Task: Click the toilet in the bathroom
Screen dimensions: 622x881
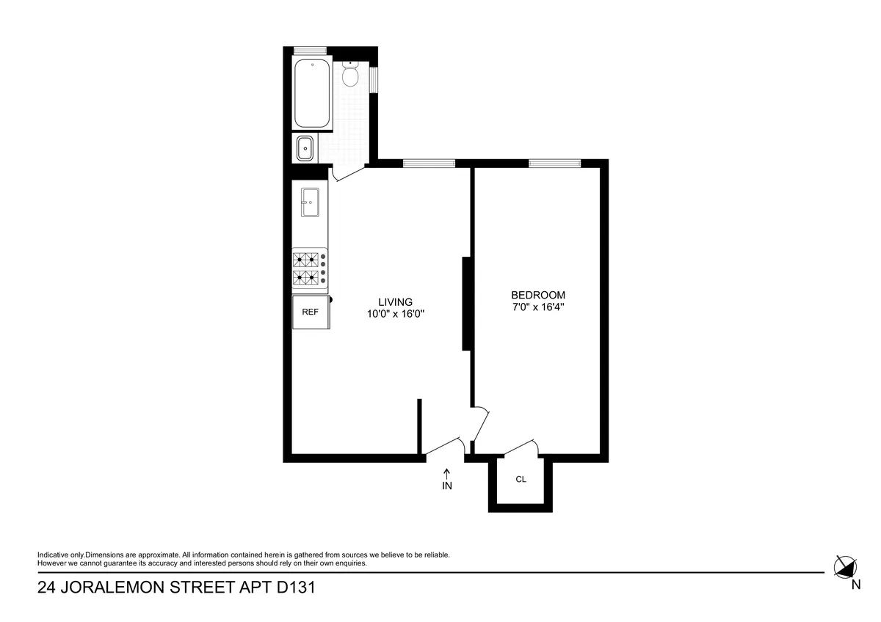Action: pos(349,74)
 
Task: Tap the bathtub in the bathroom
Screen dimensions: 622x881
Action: pos(313,94)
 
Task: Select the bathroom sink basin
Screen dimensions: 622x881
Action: pos(304,149)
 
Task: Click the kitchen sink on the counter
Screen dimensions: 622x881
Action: pos(309,201)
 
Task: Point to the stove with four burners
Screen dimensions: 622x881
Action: pos(310,268)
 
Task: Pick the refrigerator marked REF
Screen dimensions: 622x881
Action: pos(311,312)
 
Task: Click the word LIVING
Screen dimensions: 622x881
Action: pos(396,301)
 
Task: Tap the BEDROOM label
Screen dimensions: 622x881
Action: pos(538,295)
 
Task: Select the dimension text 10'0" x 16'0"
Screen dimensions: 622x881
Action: pos(396,314)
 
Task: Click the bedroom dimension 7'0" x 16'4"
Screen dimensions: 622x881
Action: pos(538,307)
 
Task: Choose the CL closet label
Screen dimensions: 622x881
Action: pos(521,480)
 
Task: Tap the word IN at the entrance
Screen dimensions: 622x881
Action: pos(446,486)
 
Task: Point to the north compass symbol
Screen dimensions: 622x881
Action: pos(845,566)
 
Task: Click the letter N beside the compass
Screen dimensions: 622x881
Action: pos(856,585)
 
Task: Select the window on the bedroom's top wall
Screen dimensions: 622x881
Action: pos(554,163)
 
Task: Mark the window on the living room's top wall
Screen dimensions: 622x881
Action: pos(429,163)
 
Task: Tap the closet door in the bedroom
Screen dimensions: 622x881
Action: pos(521,447)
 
